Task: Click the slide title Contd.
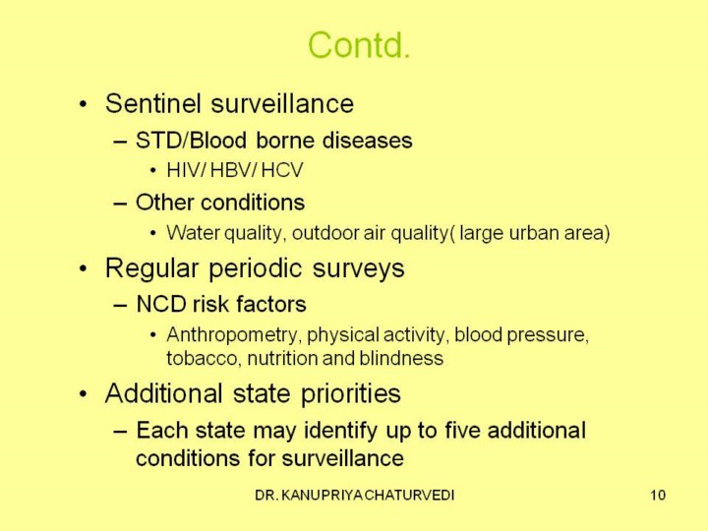click(359, 45)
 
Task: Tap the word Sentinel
click(153, 103)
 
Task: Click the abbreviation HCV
click(282, 171)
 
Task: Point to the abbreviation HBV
click(232, 171)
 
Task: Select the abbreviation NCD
click(161, 304)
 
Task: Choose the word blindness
click(401, 358)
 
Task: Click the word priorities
click(351, 393)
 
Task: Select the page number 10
click(658, 495)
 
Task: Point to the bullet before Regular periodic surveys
click(83, 269)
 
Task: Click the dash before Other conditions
click(120, 204)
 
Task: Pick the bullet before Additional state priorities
click(83, 394)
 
